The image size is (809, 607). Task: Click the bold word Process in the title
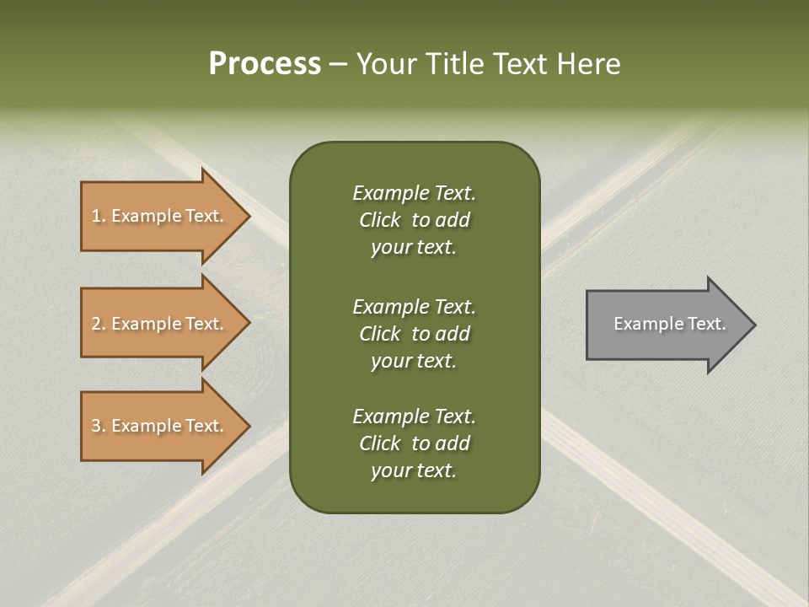pyautogui.click(x=265, y=64)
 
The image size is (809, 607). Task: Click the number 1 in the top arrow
pyautogui.click(x=96, y=216)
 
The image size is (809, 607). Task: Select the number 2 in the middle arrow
pyautogui.click(x=96, y=324)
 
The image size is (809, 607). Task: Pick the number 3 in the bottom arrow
pyautogui.click(x=96, y=426)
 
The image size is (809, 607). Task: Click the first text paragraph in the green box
pyautogui.click(x=414, y=220)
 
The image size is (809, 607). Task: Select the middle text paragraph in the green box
pyautogui.click(x=414, y=334)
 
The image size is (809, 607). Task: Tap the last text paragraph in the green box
pyautogui.click(x=414, y=443)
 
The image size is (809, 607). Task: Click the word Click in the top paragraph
pyautogui.click(x=379, y=220)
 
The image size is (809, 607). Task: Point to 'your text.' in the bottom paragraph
pyautogui.click(x=414, y=470)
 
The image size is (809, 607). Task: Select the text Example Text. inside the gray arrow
pyautogui.click(x=669, y=324)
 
